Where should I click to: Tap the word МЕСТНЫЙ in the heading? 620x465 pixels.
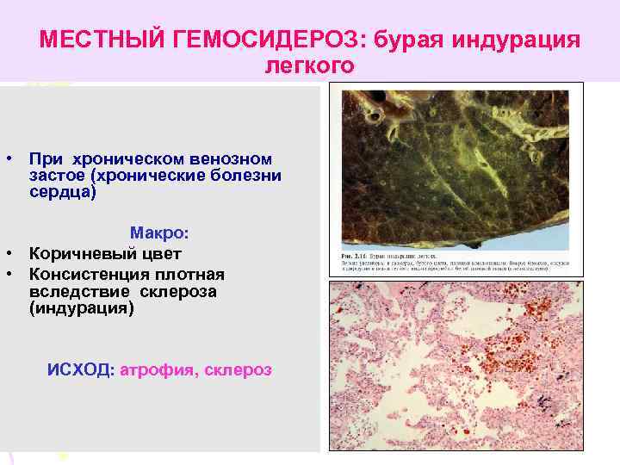[x=95, y=40]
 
